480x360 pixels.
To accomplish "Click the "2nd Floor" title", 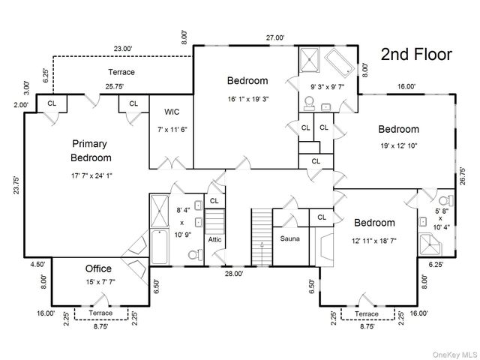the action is pyautogui.click(x=416, y=55).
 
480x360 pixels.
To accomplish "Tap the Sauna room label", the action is pyautogui.click(x=290, y=238).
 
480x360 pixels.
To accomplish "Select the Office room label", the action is pyautogui.click(x=98, y=268).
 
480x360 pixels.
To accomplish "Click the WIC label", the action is pyautogui.click(x=172, y=112).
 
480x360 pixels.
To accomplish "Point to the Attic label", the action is pyautogui.click(x=214, y=239).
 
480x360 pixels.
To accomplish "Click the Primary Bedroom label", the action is pyautogui.click(x=91, y=151).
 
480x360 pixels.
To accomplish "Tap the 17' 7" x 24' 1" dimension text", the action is pyautogui.click(x=91, y=175).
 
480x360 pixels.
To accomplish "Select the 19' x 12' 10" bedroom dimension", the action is pyautogui.click(x=399, y=145).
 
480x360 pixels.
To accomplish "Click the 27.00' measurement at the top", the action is pyautogui.click(x=275, y=37).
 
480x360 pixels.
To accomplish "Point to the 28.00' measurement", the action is pyautogui.click(x=234, y=273).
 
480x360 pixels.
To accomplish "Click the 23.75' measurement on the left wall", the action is pyautogui.click(x=16, y=185).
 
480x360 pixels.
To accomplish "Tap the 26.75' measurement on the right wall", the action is pyautogui.click(x=462, y=175).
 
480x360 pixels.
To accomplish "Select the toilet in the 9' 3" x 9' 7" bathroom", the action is pyautogui.click(x=309, y=103).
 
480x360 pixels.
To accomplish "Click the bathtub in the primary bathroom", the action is pyautogui.click(x=159, y=247).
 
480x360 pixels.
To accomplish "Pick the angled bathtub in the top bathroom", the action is pyautogui.click(x=339, y=62).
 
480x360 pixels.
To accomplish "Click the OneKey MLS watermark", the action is pyautogui.click(x=454, y=355).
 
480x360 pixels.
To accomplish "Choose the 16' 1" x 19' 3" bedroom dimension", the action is pyautogui.click(x=248, y=99).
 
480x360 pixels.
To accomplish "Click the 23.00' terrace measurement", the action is pyautogui.click(x=123, y=48).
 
